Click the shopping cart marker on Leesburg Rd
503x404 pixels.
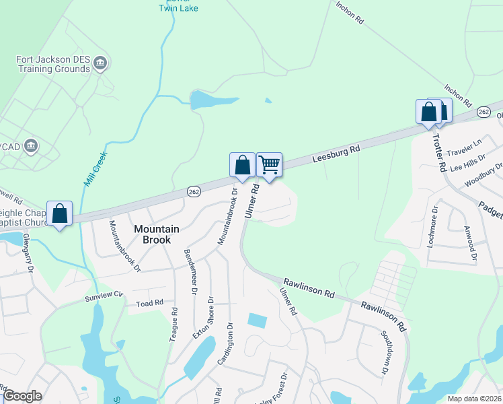pyautogui.click(x=269, y=164)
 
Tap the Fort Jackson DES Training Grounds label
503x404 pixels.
pyautogui.click(x=54, y=64)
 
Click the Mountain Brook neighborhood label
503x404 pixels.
pyautogui.click(x=156, y=234)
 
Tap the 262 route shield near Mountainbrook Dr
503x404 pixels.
pyautogui.click(x=193, y=193)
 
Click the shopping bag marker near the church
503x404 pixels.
pyautogui.click(x=60, y=213)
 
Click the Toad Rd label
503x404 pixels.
pyautogui.click(x=150, y=304)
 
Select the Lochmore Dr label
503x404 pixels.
pyautogui.click(x=433, y=228)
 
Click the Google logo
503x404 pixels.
pyautogui.click(x=22, y=396)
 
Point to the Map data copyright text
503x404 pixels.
pyautogui.click(x=474, y=399)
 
